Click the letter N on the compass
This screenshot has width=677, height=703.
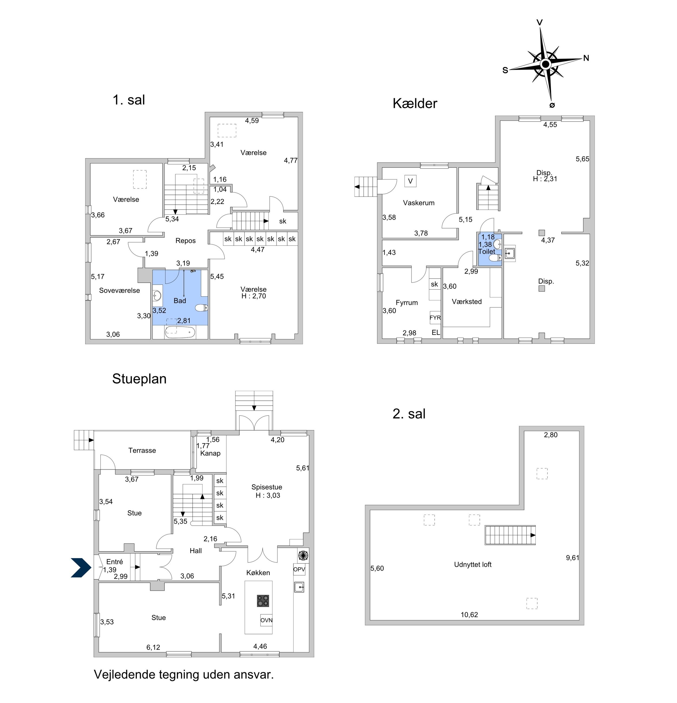[586, 58]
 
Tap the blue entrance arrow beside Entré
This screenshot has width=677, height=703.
[81, 568]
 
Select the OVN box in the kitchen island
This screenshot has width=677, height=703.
[266, 620]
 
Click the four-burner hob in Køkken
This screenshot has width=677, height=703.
[263, 601]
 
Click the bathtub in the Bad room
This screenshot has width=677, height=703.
[180, 332]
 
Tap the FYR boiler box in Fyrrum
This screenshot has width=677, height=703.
[435, 317]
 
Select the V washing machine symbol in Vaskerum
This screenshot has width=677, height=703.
[410, 181]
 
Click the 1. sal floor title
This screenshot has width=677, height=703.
[129, 100]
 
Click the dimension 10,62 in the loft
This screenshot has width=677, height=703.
[469, 615]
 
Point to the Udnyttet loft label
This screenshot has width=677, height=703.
[473, 565]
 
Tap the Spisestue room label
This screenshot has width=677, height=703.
[267, 487]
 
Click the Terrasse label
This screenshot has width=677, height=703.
[142, 450]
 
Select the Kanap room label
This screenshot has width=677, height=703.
[210, 453]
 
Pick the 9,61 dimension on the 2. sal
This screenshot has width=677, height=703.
[573, 558]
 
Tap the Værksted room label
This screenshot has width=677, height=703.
[467, 302]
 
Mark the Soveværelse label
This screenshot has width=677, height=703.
[120, 290]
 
